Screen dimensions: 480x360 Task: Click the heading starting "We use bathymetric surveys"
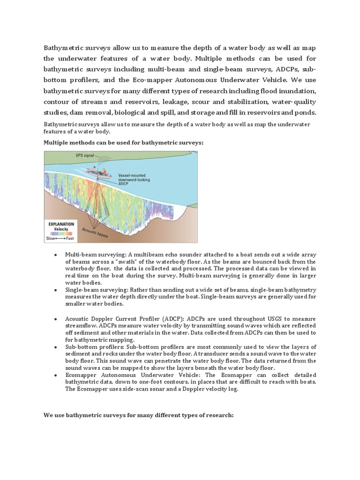138,415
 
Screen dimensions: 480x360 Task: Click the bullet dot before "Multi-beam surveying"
56,254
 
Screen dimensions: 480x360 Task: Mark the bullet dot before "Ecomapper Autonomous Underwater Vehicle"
56,375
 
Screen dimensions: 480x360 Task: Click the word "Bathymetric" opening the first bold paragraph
66,47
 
